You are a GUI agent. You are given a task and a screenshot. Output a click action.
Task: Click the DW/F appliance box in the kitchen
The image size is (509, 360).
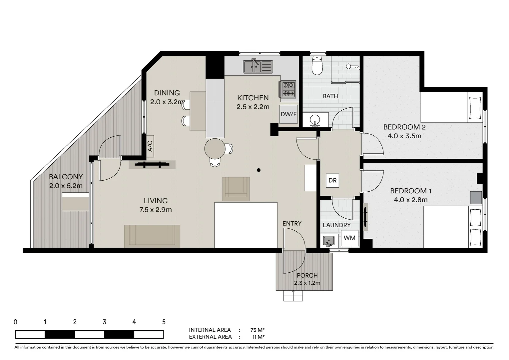point(288,114)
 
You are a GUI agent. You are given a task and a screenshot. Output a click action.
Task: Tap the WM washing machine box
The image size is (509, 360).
point(349,238)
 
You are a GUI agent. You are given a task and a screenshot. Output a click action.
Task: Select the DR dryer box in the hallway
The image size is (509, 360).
point(332,181)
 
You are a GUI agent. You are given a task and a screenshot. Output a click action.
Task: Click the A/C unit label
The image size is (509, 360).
point(150,146)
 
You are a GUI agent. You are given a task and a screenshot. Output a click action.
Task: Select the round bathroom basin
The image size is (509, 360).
point(315,120)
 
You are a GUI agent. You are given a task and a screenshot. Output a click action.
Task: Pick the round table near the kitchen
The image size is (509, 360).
point(215,149)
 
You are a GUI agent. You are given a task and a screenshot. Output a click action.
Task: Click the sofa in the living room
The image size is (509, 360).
point(152,236)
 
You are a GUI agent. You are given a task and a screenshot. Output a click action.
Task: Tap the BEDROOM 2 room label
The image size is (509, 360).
point(404,127)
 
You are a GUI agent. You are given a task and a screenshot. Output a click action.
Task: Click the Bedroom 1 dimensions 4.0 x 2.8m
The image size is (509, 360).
point(411,200)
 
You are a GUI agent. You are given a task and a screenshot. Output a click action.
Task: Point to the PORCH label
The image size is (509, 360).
point(307,275)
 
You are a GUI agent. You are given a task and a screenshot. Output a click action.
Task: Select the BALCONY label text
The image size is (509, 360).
point(66,177)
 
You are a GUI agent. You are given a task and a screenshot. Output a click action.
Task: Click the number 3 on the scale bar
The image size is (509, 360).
point(104,322)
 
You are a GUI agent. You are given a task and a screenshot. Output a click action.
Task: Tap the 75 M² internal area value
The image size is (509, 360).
point(257,330)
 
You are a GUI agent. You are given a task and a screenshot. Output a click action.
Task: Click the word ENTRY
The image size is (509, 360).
point(292,224)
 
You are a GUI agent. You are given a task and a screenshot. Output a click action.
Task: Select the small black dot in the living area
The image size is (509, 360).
point(258,170)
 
